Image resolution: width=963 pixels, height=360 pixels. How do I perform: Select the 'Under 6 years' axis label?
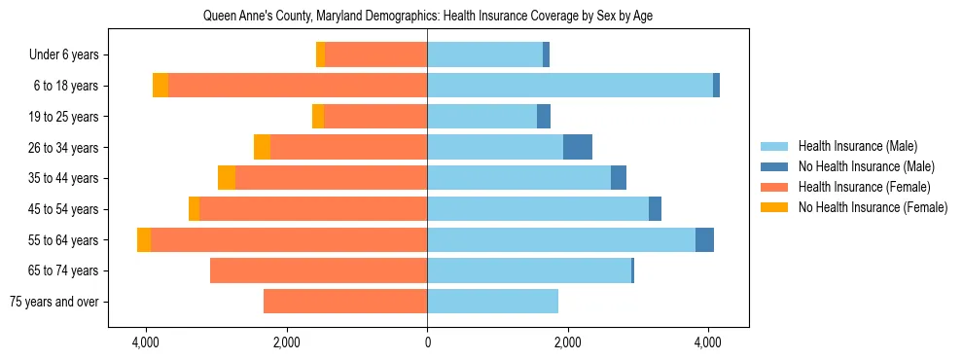pyautogui.click(x=70, y=55)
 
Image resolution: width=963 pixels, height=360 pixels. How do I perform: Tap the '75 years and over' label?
pyautogui.click(x=53, y=302)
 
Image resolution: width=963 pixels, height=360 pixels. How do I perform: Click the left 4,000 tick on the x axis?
pyautogui.click(x=146, y=343)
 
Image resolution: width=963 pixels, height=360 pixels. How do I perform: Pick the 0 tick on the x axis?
pyautogui.click(x=427, y=343)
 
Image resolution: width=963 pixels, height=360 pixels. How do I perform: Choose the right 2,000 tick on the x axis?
pyautogui.click(x=567, y=343)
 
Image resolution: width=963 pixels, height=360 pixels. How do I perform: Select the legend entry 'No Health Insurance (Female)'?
pyautogui.click(x=873, y=207)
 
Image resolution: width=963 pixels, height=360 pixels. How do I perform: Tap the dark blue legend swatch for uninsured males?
pyautogui.click(x=775, y=166)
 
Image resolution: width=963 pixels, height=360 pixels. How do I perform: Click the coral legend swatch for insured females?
pyautogui.click(x=775, y=187)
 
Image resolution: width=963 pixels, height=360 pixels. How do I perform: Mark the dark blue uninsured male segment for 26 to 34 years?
pyautogui.click(x=578, y=147)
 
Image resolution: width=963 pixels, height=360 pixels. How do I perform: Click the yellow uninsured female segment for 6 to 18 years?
pyautogui.click(x=160, y=86)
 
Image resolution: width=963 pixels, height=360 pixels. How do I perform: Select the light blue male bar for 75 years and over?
pyautogui.click(x=492, y=302)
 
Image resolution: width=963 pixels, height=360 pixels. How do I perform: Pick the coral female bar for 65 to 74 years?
pyautogui.click(x=318, y=270)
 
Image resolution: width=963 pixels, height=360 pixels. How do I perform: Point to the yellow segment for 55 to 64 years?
pyautogui.click(x=144, y=239)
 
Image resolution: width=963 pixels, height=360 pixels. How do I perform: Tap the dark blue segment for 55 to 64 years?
pyautogui.click(x=704, y=239)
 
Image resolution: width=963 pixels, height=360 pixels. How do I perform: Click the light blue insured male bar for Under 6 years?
pyautogui.click(x=484, y=55)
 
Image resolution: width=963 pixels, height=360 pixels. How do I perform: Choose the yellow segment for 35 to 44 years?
pyautogui.click(x=227, y=178)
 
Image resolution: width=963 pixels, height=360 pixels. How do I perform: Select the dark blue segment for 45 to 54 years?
pyautogui.click(x=655, y=209)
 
